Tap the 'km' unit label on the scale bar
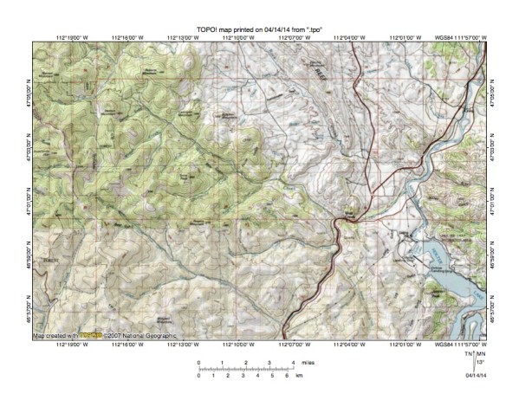tap(299, 377)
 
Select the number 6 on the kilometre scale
tap(285, 377)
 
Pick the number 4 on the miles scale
tap(294, 362)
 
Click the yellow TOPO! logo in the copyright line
tap(91, 335)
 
